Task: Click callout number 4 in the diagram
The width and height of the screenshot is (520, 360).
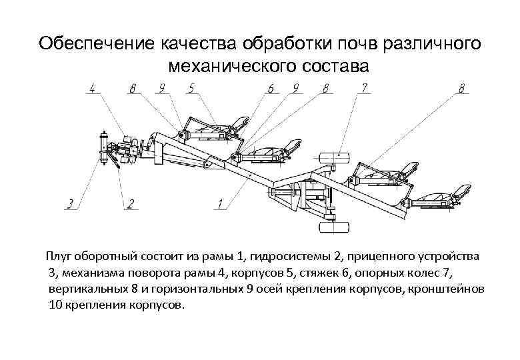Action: pyautogui.click(x=92, y=87)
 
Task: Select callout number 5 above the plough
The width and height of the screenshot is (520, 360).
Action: pyautogui.click(x=191, y=87)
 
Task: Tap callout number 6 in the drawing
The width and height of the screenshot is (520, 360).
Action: pyautogui.click(x=271, y=87)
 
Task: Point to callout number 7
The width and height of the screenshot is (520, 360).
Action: pyautogui.click(x=364, y=87)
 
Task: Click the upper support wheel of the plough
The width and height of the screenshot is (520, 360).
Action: pyautogui.click(x=335, y=159)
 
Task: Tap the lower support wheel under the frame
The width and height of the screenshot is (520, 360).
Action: pyautogui.click(x=335, y=227)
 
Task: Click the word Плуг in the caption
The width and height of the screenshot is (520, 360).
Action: pyautogui.click(x=58, y=257)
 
